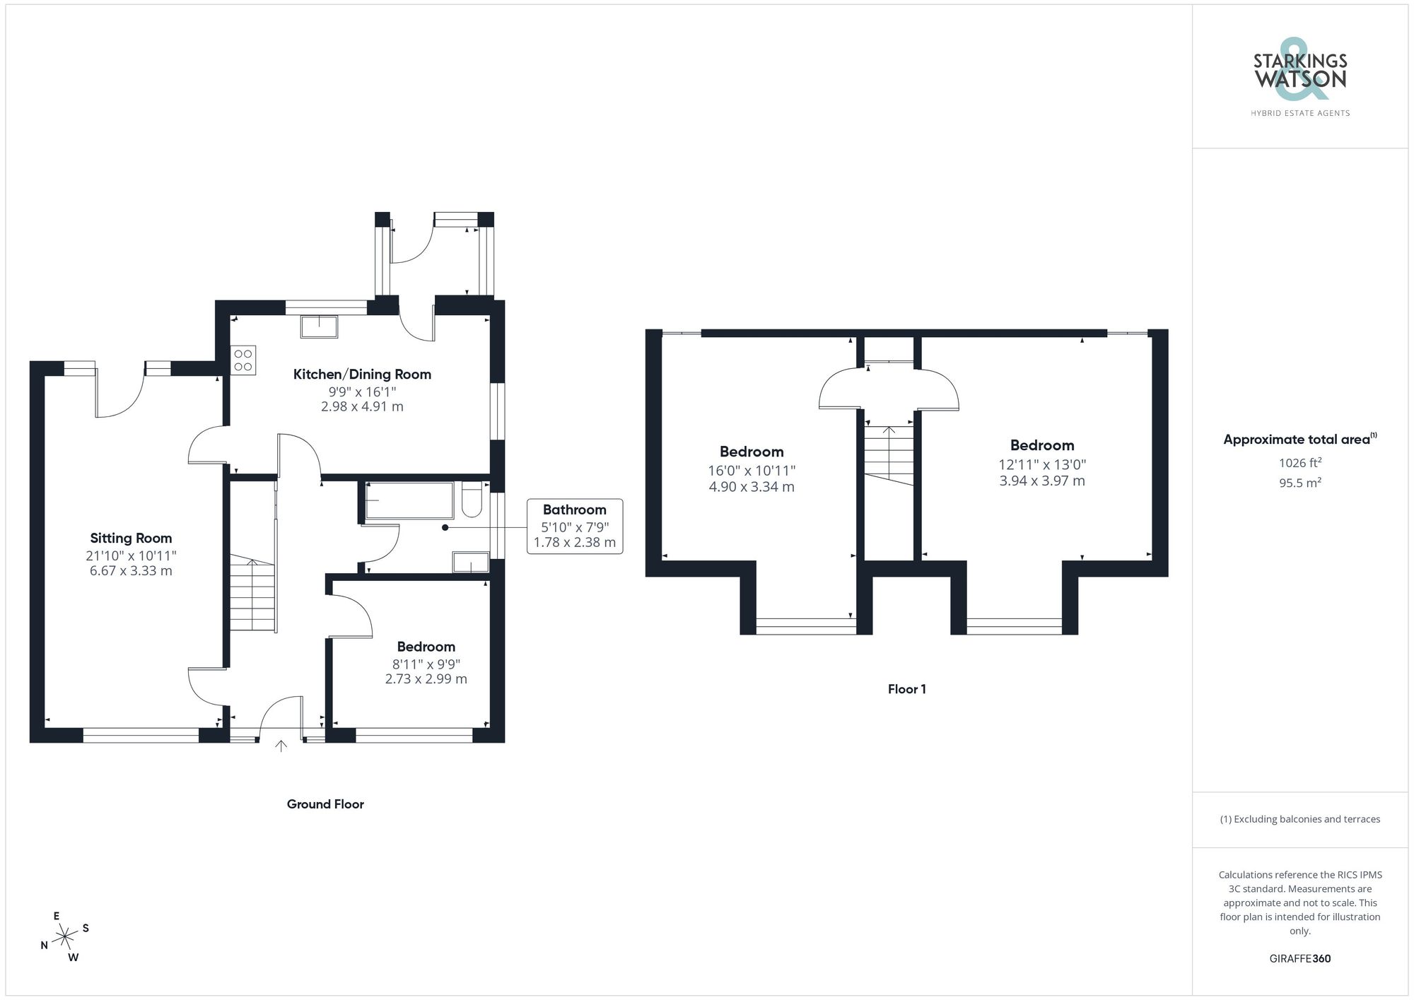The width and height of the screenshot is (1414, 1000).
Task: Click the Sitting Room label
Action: (x=131, y=538)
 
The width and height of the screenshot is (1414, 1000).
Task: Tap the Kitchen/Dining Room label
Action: (x=362, y=374)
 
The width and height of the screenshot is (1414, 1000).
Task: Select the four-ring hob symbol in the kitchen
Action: (x=243, y=360)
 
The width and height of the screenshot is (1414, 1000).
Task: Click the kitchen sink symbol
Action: (x=319, y=327)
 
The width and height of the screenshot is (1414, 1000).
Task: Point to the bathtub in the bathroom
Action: (x=409, y=500)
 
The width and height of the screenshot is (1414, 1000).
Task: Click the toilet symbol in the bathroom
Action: (x=472, y=500)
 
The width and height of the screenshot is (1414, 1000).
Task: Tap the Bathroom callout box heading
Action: (x=574, y=510)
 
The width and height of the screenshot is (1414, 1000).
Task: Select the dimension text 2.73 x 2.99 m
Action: (x=426, y=678)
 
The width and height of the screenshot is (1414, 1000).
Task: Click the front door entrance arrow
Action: (x=281, y=746)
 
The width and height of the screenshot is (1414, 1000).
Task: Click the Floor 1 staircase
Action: (x=889, y=455)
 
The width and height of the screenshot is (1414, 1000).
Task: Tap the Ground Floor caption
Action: (x=325, y=804)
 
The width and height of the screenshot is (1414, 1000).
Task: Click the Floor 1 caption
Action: (x=906, y=689)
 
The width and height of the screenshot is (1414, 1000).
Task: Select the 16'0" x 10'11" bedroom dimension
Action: (x=752, y=471)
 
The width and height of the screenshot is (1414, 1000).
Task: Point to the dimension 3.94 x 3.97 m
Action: (x=1041, y=481)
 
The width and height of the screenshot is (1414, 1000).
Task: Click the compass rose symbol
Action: (x=65, y=937)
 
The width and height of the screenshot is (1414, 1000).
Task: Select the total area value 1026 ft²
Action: (x=1299, y=463)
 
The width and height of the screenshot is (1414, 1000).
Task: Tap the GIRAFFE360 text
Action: (x=1299, y=958)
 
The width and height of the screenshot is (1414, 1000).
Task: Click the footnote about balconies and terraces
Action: (x=1299, y=819)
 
